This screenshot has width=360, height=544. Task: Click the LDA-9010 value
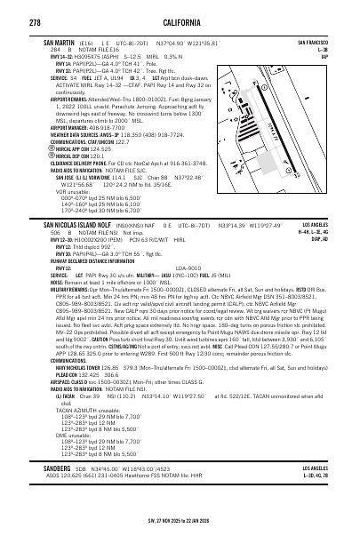(188, 292)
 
